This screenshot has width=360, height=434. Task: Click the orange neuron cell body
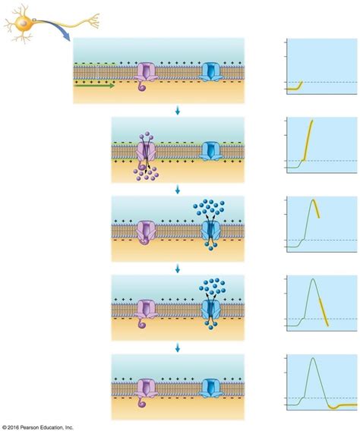click(x=23, y=23)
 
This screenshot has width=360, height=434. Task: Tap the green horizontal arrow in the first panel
click(x=94, y=86)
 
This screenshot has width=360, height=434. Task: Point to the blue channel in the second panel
click(x=210, y=151)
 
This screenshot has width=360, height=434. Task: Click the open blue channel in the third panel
click(x=210, y=230)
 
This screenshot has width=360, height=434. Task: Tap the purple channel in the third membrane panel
click(x=146, y=232)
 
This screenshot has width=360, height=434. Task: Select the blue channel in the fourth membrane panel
click(x=210, y=310)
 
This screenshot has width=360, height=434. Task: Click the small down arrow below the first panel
click(x=178, y=111)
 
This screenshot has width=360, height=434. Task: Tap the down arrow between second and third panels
click(x=178, y=190)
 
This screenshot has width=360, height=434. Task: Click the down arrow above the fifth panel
click(x=178, y=348)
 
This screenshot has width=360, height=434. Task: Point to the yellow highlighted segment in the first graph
click(x=295, y=87)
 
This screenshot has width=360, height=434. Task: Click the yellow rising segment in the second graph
click(x=308, y=140)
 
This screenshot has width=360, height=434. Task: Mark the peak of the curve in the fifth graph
click(x=313, y=358)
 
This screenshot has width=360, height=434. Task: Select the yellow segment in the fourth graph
click(x=324, y=312)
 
